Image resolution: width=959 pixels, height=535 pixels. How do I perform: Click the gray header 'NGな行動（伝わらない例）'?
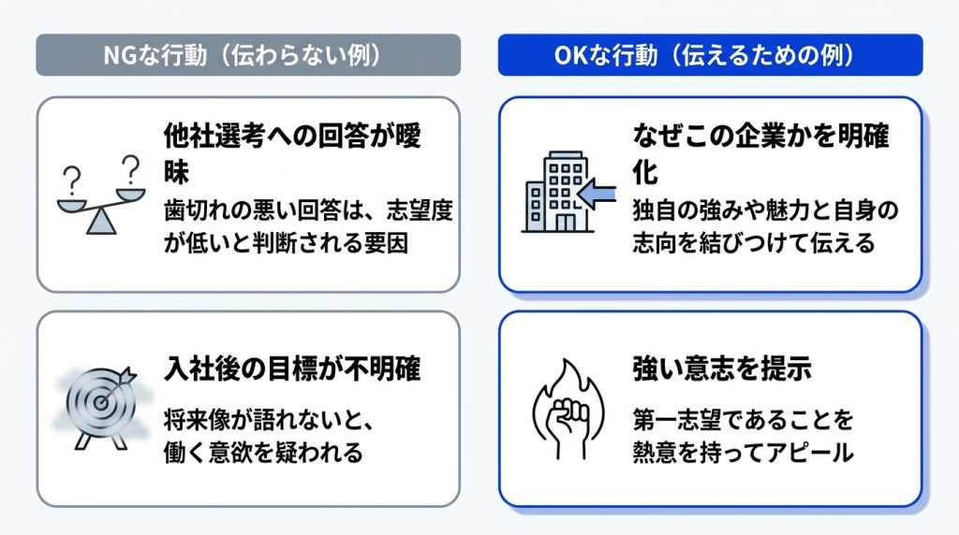(x=247, y=55)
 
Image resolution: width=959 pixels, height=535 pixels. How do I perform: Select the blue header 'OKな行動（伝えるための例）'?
(x=710, y=55)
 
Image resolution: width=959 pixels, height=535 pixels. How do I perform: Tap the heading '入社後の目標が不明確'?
(x=292, y=369)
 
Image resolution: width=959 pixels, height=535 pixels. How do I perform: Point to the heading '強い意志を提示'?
(x=722, y=369)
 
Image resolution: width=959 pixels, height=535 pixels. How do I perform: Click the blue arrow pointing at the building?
(x=597, y=195)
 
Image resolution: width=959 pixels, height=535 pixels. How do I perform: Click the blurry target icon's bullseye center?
(x=99, y=402)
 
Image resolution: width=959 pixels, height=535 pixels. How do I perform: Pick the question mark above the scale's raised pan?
(x=130, y=169)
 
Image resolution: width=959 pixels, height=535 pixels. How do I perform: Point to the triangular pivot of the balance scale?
(x=101, y=222)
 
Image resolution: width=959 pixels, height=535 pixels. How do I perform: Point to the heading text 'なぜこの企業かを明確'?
(x=760, y=136)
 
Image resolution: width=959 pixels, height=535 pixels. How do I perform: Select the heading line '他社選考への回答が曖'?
(x=292, y=136)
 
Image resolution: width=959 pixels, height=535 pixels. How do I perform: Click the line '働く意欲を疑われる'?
(x=263, y=454)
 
